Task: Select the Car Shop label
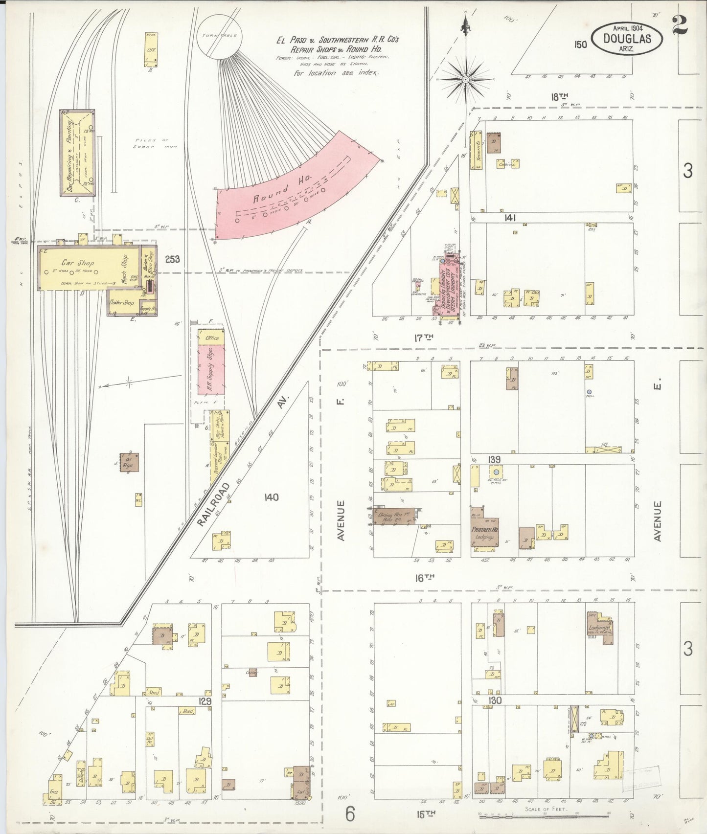click(x=78, y=263)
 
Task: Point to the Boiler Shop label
click(x=122, y=303)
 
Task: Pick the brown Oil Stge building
click(x=130, y=462)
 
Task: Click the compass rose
click(x=465, y=78)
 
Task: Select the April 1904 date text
click(x=626, y=28)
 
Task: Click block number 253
click(x=172, y=259)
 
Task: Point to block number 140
click(x=271, y=497)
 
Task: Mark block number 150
click(x=580, y=45)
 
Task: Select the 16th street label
click(x=425, y=578)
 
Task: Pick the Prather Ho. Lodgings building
click(x=484, y=536)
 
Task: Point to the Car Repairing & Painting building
click(x=77, y=153)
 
